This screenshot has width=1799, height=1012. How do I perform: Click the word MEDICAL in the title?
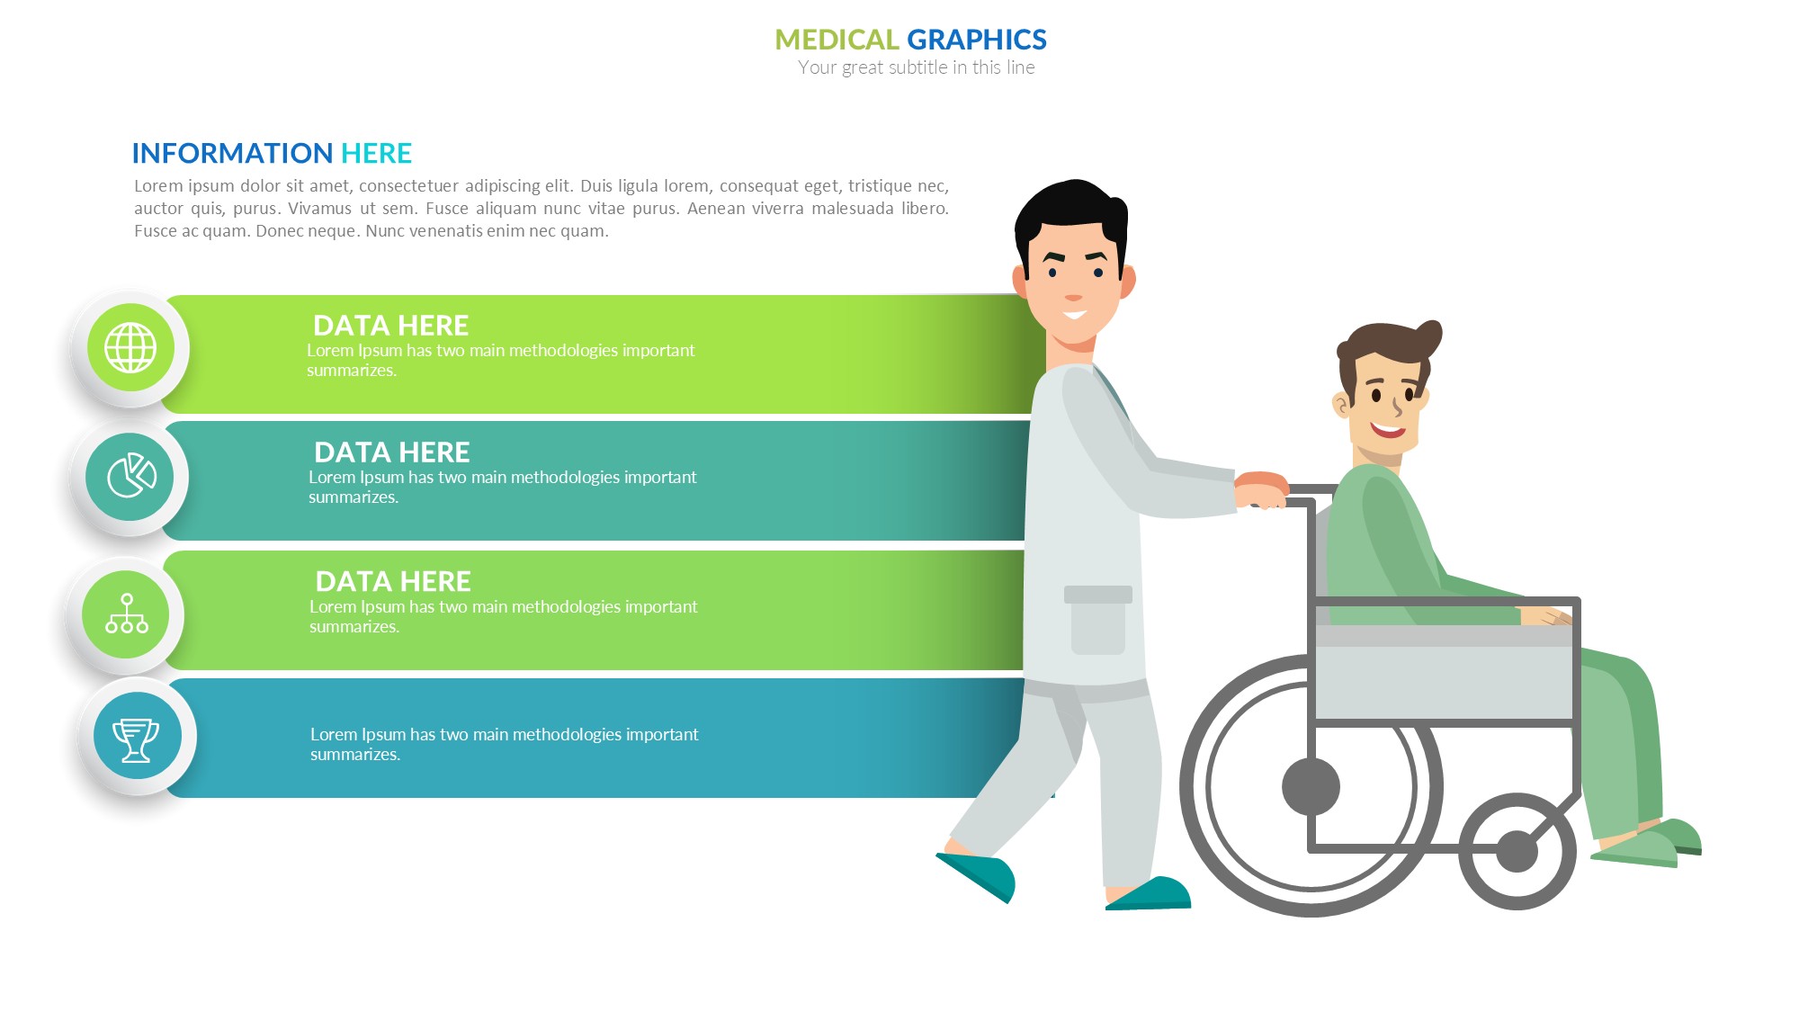point(837,40)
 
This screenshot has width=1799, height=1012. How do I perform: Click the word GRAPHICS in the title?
point(977,40)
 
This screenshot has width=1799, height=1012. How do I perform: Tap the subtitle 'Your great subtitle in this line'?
point(916,67)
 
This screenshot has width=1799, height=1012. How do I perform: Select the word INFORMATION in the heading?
point(232,153)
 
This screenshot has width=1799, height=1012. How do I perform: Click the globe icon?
point(130,347)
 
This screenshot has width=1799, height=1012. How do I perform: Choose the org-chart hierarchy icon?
point(127,613)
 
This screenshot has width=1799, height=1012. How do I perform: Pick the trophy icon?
point(136,740)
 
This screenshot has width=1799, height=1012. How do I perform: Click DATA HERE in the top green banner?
point(390,325)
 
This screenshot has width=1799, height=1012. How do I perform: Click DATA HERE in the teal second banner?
point(391,452)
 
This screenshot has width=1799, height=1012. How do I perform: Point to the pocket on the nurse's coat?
point(1098,620)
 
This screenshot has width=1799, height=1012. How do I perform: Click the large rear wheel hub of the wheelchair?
point(1311,786)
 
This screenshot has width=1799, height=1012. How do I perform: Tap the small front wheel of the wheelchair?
point(1517,851)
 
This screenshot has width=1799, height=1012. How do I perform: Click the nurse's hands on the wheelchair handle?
point(1261,489)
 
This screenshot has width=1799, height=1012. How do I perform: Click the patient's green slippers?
point(1646,843)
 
